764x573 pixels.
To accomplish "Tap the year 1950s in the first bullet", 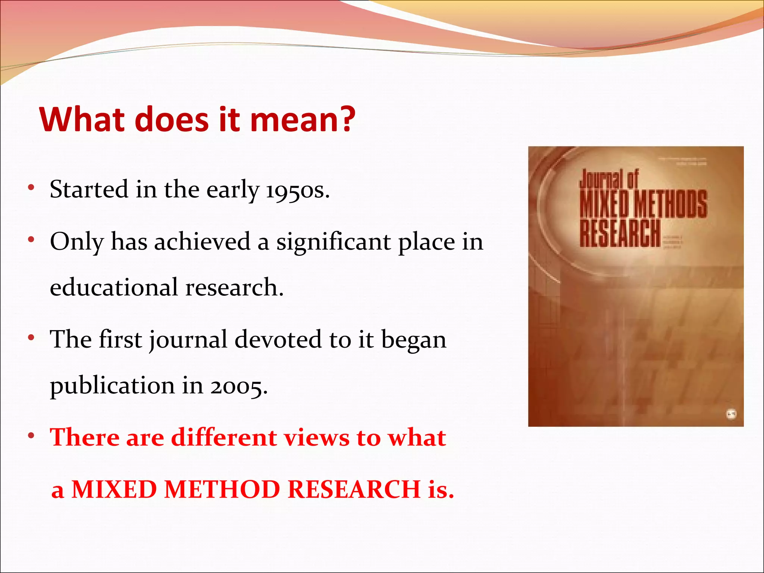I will (x=297, y=190).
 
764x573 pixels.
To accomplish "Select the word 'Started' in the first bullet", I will (x=89, y=189).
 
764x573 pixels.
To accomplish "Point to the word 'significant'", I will (x=334, y=242).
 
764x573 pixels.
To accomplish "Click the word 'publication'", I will (x=112, y=386).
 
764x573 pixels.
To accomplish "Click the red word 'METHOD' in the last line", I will (x=222, y=489).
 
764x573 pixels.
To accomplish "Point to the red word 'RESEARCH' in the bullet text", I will (x=354, y=489).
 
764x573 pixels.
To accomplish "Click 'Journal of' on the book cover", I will (x=609, y=179).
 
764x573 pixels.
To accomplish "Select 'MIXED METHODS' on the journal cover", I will (x=643, y=204).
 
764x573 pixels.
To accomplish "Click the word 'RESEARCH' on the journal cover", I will (x=620, y=233).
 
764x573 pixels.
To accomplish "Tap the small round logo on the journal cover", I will (x=732, y=414).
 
